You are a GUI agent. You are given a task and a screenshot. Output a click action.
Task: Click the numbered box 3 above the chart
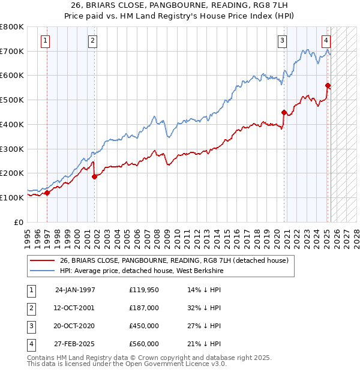click(x=282, y=41)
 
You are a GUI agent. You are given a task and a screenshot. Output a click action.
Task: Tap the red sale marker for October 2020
click(x=284, y=112)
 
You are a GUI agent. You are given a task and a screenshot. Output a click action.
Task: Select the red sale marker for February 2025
click(x=328, y=85)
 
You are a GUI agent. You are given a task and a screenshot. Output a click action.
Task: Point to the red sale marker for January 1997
click(x=47, y=193)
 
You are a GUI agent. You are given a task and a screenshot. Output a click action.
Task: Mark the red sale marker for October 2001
click(x=94, y=176)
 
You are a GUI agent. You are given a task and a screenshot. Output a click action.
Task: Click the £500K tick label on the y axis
click(x=11, y=100)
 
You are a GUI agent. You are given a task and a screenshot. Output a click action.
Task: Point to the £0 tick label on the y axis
click(x=19, y=222)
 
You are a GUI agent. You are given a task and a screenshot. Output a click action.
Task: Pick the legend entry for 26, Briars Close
click(x=175, y=260)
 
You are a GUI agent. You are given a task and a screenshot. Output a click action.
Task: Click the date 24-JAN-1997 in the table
click(x=75, y=290)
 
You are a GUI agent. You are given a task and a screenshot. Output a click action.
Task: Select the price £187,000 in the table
click(x=144, y=308)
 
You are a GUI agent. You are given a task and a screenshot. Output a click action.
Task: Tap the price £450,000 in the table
click(x=144, y=326)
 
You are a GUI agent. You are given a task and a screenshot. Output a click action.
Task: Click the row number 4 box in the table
click(x=31, y=344)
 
